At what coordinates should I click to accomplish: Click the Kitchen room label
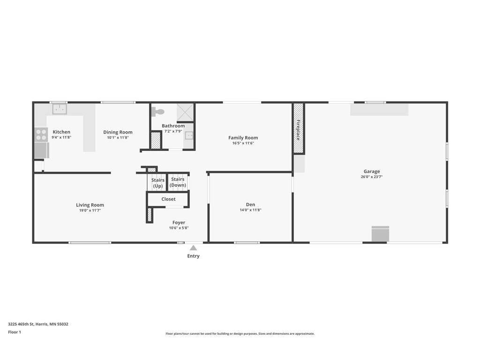click(61, 132)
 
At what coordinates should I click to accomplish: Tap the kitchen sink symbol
click(59, 109)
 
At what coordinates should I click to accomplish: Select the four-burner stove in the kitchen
click(41, 135)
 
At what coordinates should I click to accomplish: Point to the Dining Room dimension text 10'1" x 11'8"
click(118, 138)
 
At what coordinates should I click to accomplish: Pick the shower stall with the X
click(185, 112)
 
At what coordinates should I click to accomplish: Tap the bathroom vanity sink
click(188, 136)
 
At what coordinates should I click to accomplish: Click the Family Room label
click(243, 138)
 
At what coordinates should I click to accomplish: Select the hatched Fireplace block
click(299, 128)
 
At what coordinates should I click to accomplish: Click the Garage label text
click(372, 172)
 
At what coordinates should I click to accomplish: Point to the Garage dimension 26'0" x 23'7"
click(372, 177)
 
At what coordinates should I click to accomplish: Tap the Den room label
click(250, 204)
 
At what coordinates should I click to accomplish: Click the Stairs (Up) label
click(157, 183)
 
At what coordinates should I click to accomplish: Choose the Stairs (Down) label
click(178, 182)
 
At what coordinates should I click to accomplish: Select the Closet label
click(168, 199)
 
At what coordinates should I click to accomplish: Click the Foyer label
click(179, 223)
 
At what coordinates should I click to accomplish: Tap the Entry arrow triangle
click(193, 247)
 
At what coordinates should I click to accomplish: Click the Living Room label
click(90, 205)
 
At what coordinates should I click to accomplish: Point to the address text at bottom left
click(38, 324)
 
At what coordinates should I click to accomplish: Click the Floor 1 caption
click(15, 332)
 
